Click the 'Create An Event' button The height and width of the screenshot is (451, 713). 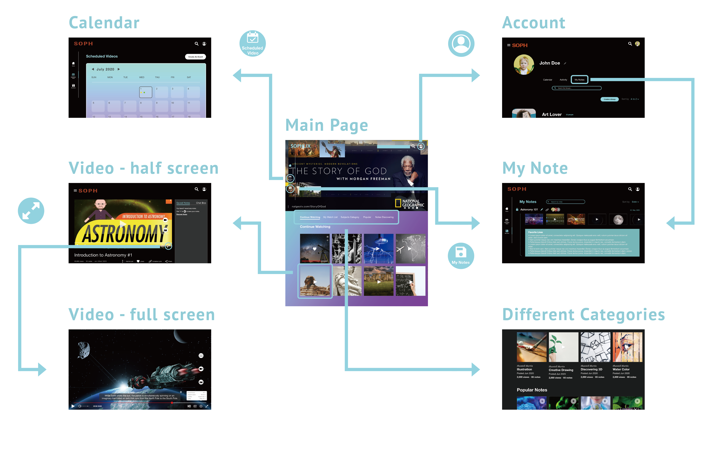coord(195,57)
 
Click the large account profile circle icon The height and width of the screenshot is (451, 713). coord(461,44)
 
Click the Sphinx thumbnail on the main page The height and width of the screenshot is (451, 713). coord(315,281)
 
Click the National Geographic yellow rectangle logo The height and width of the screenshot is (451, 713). coord(398,203)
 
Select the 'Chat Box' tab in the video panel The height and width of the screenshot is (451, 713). coord(201,203)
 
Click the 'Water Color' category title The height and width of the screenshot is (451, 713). coord(621,369)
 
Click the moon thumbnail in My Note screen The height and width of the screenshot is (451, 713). coord(618,220)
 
